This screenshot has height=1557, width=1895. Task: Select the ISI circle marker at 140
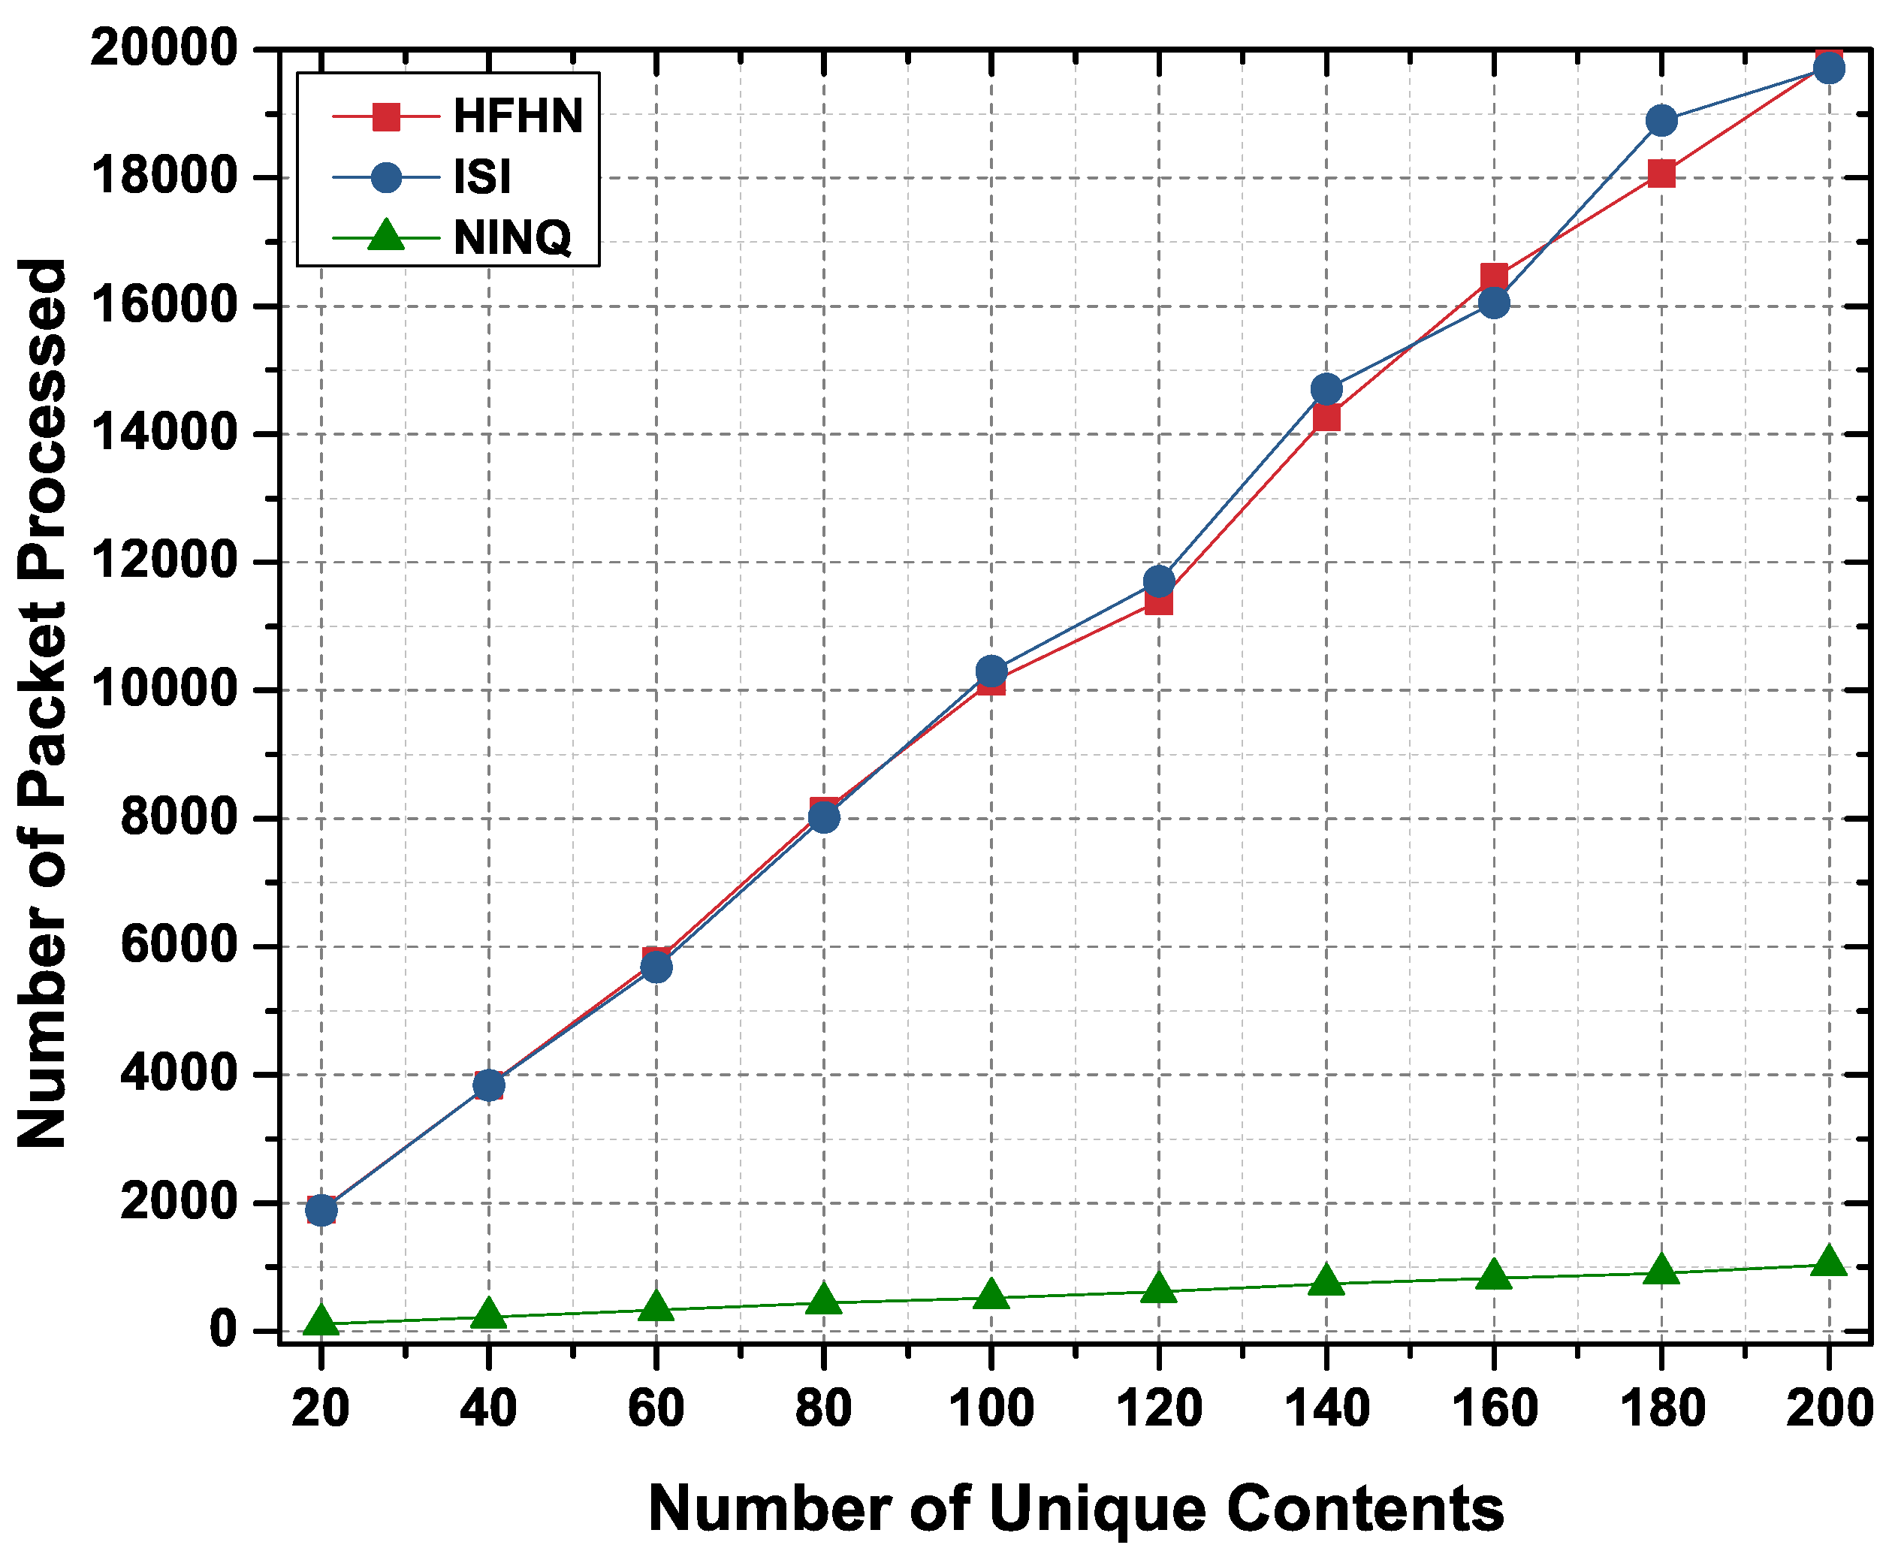pos(1326,389)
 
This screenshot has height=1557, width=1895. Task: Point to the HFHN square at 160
pos(1494,276)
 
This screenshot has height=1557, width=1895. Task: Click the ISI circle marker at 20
pos(321,1210)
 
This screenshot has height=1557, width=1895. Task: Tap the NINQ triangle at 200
pos(1829,1262)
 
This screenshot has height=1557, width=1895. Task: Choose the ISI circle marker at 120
pos(1159,581)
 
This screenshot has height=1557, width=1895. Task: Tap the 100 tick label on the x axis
pos(991,1408)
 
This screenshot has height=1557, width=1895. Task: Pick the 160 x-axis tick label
pos(1494,1408)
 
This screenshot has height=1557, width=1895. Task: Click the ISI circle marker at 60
pos(656,967)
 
